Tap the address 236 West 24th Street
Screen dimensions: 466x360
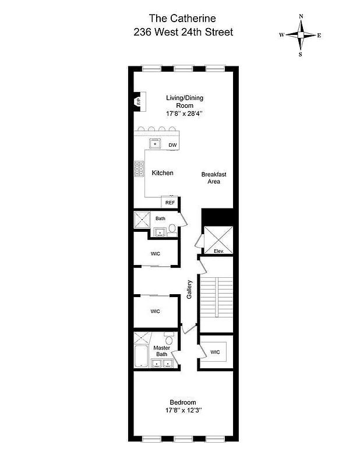point(182,32)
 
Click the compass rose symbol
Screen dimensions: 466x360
point(301,35)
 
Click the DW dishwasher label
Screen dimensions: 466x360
point(172,145)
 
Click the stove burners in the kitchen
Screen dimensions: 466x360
point(140,168)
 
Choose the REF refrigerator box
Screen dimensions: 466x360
point(170,202)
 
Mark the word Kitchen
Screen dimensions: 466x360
point(163,173)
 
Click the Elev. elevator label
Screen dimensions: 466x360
point(219,251)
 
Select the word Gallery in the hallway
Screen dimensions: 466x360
point(189,290)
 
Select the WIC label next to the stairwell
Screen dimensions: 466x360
point(215,352)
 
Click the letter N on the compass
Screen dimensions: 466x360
point(301,16)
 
